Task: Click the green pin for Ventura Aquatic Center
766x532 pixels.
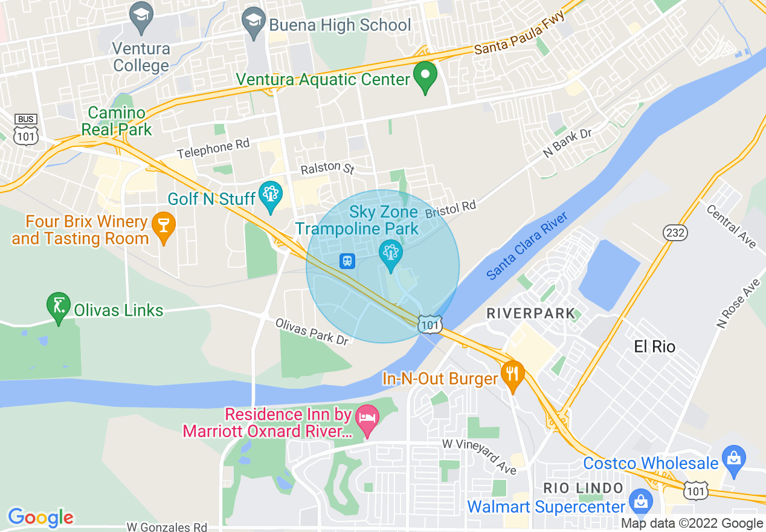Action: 425,76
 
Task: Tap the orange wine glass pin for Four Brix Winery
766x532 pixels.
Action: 163,226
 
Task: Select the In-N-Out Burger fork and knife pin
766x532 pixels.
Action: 512,375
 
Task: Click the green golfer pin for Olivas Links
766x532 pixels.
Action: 59,307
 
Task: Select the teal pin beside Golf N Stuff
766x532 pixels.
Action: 270,196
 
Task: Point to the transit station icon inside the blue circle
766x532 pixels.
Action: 347,261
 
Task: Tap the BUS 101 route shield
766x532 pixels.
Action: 26,129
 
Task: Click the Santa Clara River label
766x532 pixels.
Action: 526,246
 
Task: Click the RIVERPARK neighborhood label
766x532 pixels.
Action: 530,313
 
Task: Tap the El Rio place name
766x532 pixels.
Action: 654,347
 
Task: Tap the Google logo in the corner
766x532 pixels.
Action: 40,517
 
